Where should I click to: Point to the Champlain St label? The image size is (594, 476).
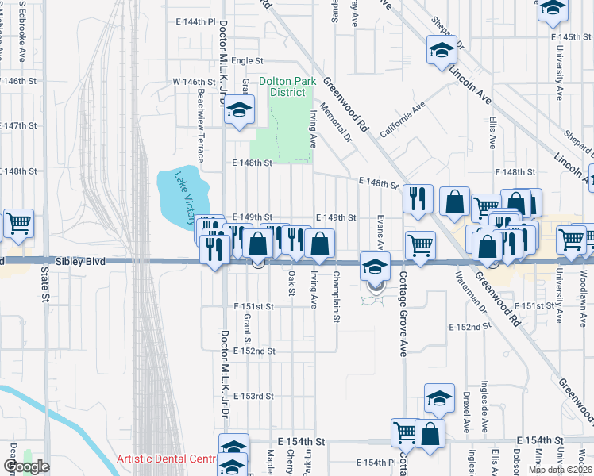click(337, 286)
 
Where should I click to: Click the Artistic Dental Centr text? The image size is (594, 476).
click(166, 459)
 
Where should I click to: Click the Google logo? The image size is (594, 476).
click(26, 466)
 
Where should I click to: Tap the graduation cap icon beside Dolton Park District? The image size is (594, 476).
click(238, 111)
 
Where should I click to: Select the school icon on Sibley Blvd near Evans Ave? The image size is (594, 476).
click(375, 266)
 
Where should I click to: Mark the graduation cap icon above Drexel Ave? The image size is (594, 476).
click(439, 398)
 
